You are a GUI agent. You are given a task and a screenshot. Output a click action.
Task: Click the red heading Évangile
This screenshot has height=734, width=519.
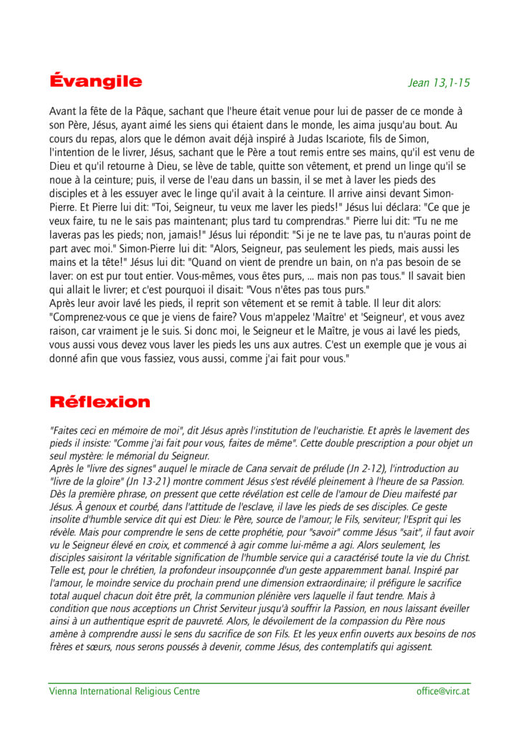pos(95,81)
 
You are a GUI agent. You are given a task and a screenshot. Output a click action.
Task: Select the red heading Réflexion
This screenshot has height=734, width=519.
pos(100,401)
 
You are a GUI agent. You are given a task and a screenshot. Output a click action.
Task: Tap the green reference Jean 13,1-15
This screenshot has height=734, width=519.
pos(439,82)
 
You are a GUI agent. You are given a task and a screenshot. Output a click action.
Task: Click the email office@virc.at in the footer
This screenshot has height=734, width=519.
pos(443,691)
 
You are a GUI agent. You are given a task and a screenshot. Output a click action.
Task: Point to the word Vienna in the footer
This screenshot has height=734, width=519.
pos(63,691)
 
